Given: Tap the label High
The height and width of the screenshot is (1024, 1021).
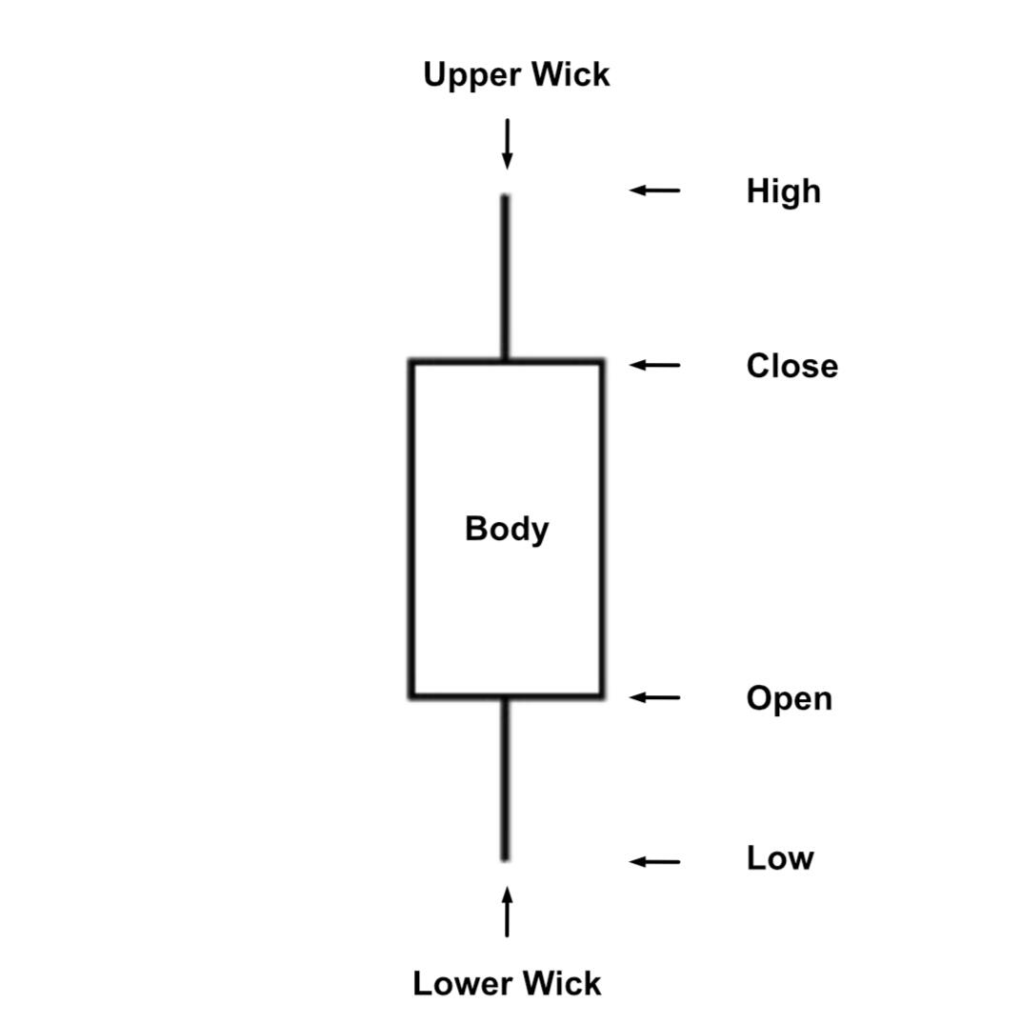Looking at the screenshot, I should (x=783, y=191).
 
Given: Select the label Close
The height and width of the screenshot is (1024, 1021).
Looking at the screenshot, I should (x=791, y=367).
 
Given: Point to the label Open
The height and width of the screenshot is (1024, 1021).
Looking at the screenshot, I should (x=789, y=699).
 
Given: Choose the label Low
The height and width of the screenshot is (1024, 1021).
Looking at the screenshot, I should (x=779, y=858).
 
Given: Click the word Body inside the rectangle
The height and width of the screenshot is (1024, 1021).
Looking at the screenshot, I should (x=507, y=529).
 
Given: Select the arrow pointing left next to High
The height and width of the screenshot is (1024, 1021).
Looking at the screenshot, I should (x=655, y=191).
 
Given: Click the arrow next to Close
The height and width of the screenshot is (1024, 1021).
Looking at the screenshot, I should (x=655, y=365).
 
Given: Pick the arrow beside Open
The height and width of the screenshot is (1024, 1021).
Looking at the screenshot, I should (x=655, y=697).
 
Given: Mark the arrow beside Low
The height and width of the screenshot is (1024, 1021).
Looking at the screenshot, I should (x=655, y=862).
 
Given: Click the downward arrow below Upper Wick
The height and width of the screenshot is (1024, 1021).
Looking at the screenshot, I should (x=507, y=144).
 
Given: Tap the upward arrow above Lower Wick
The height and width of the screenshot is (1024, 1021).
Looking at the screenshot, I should (x=507, y=912).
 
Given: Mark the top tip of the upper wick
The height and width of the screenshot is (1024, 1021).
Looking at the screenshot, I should (x=505, y=197).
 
